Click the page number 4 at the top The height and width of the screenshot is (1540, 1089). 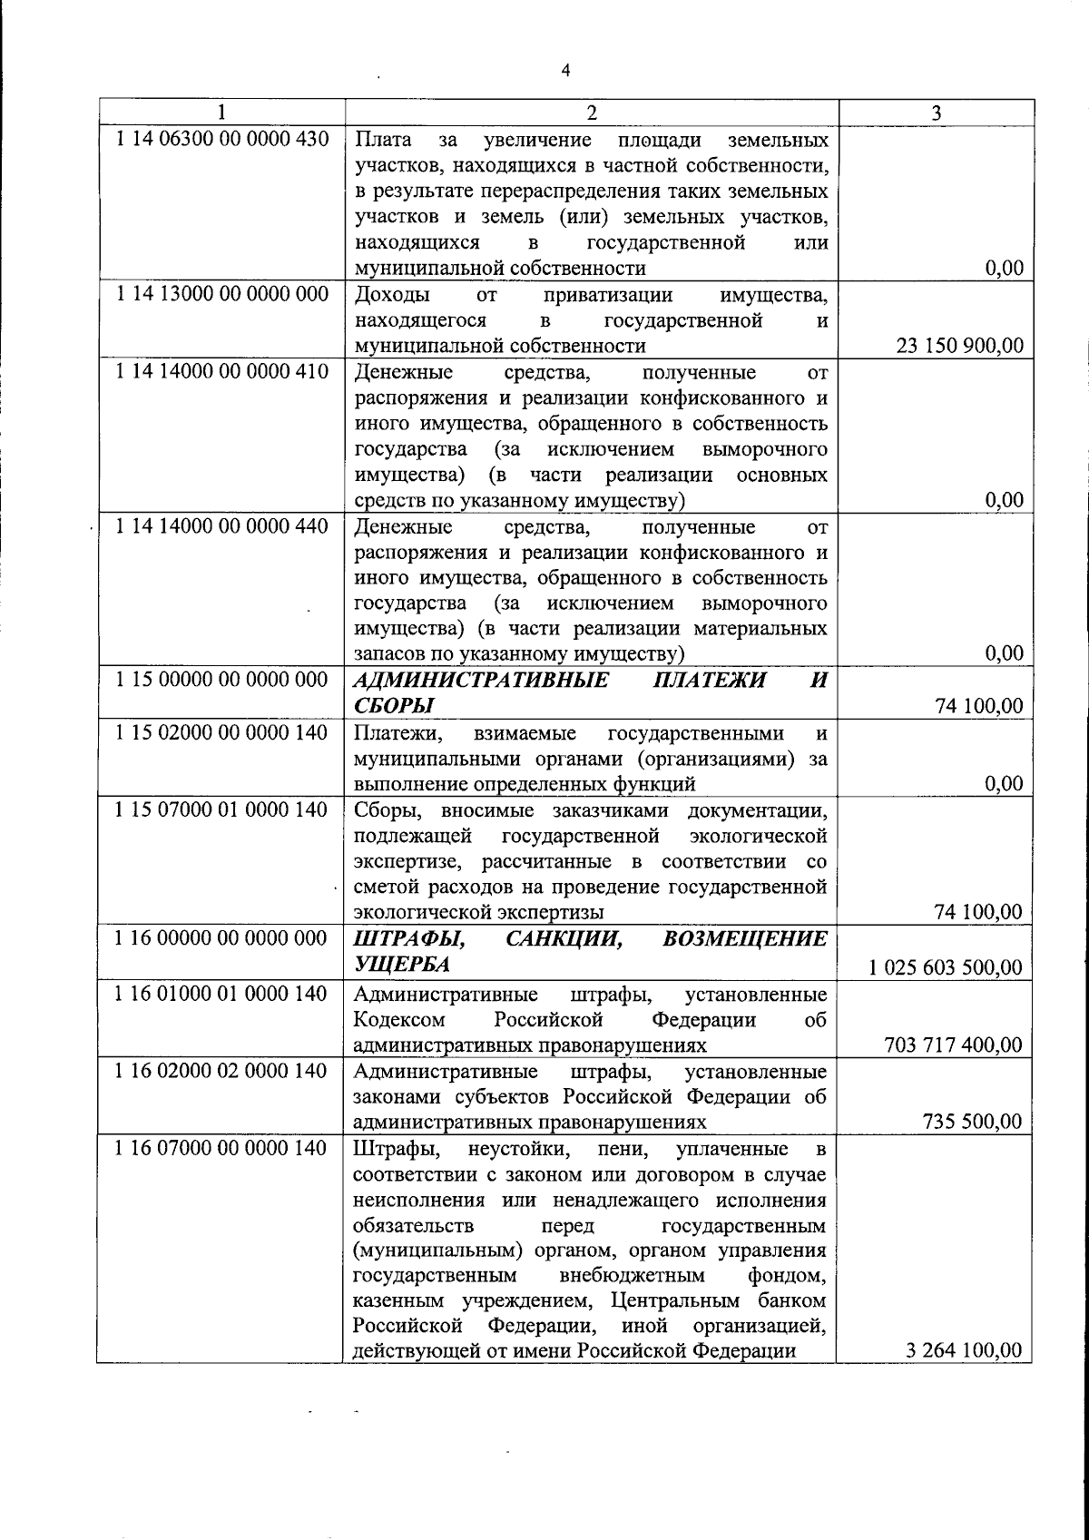click(x=565, y=71)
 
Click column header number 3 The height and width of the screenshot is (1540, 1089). click(x=936, y=113)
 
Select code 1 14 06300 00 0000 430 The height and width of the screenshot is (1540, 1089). click(x=222, y=140)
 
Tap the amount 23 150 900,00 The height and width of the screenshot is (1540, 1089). click(x=960, y=346)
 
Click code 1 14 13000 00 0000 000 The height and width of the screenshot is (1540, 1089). click(x=222, y=294)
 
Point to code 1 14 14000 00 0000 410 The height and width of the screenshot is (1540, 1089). click(x=222, y=371)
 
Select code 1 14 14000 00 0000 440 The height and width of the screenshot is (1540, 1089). click(x=222, y=525)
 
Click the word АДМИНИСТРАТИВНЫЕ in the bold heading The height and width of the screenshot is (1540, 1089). click(x=481, y=681)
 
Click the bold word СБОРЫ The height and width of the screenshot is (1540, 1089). click(x=393, y=706)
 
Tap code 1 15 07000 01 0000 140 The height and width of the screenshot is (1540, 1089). click(x=222, y=809)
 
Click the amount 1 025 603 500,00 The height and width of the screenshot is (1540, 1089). click(x=946, y=967)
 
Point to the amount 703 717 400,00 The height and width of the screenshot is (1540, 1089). click(x=953, y=1045)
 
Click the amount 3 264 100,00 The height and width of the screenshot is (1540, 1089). click(x=964, y=1349)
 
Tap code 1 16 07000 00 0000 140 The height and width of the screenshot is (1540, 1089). click(x=222, y=1148)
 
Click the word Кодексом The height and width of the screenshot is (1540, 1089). click(x=395, y=1019)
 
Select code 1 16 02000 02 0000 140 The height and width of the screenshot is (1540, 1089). click(x=222, y=1071)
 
